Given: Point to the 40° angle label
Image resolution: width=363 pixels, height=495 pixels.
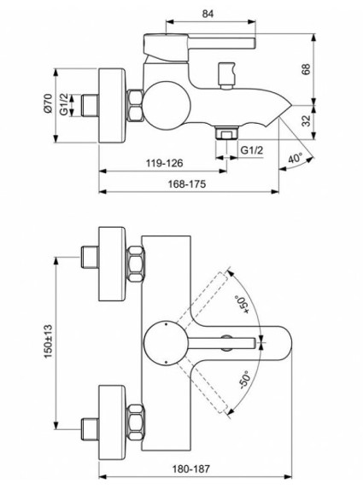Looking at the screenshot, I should pyautogui.click(x=296, y=159).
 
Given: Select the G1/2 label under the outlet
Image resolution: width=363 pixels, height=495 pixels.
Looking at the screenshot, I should pyautogui.click(x=252, y=151).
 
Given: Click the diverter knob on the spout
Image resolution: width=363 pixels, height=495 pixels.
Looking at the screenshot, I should pyautogui.click(x=227, y=75).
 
